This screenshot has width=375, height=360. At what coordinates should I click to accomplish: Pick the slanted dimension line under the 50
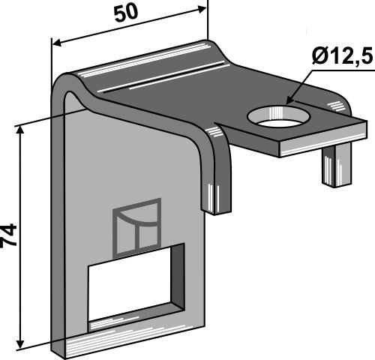pos(127,25)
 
